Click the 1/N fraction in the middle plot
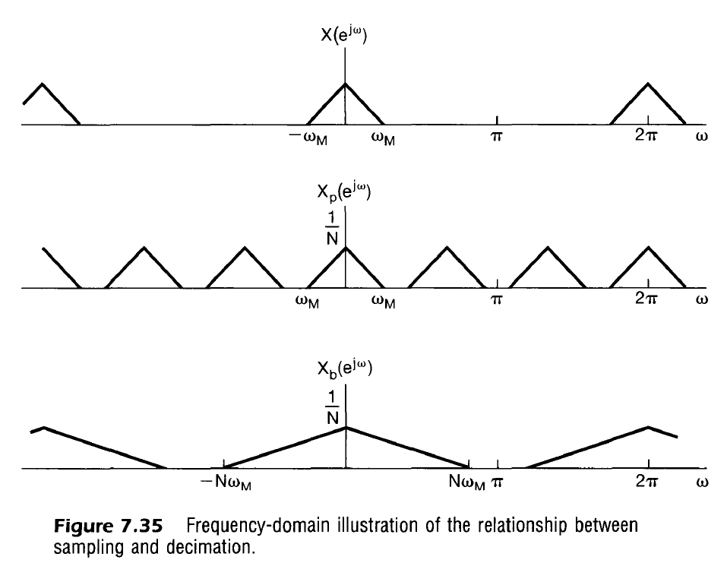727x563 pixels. pyautogui.click(x=331, y=229)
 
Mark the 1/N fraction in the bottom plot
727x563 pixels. pyautogui.click(x=331, y=405)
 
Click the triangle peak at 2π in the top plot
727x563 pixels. pyautogui.click(x=648, y=84)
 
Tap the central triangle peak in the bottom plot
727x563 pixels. pyautogui.click(x=346, y=427)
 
